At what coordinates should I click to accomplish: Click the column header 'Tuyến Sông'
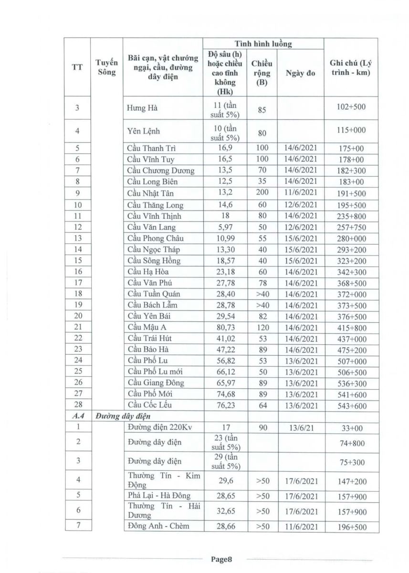pyautogui.click(x=106, y=67)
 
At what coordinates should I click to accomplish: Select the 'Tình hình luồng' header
pyautogui.click(x=263, y=43)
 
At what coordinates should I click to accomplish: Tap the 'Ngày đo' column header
pyautogui.click(x=300, y=74)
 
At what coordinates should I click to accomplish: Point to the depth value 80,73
pyautogui.click(x=223, y=327)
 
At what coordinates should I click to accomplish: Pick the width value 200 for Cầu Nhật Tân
pyautogui.click(x=261, y=192)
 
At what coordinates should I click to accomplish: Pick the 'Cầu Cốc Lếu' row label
pyautogui.click(x=149, y=405)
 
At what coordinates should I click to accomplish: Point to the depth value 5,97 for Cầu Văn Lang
pyautogui.click(x=223, y=226)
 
